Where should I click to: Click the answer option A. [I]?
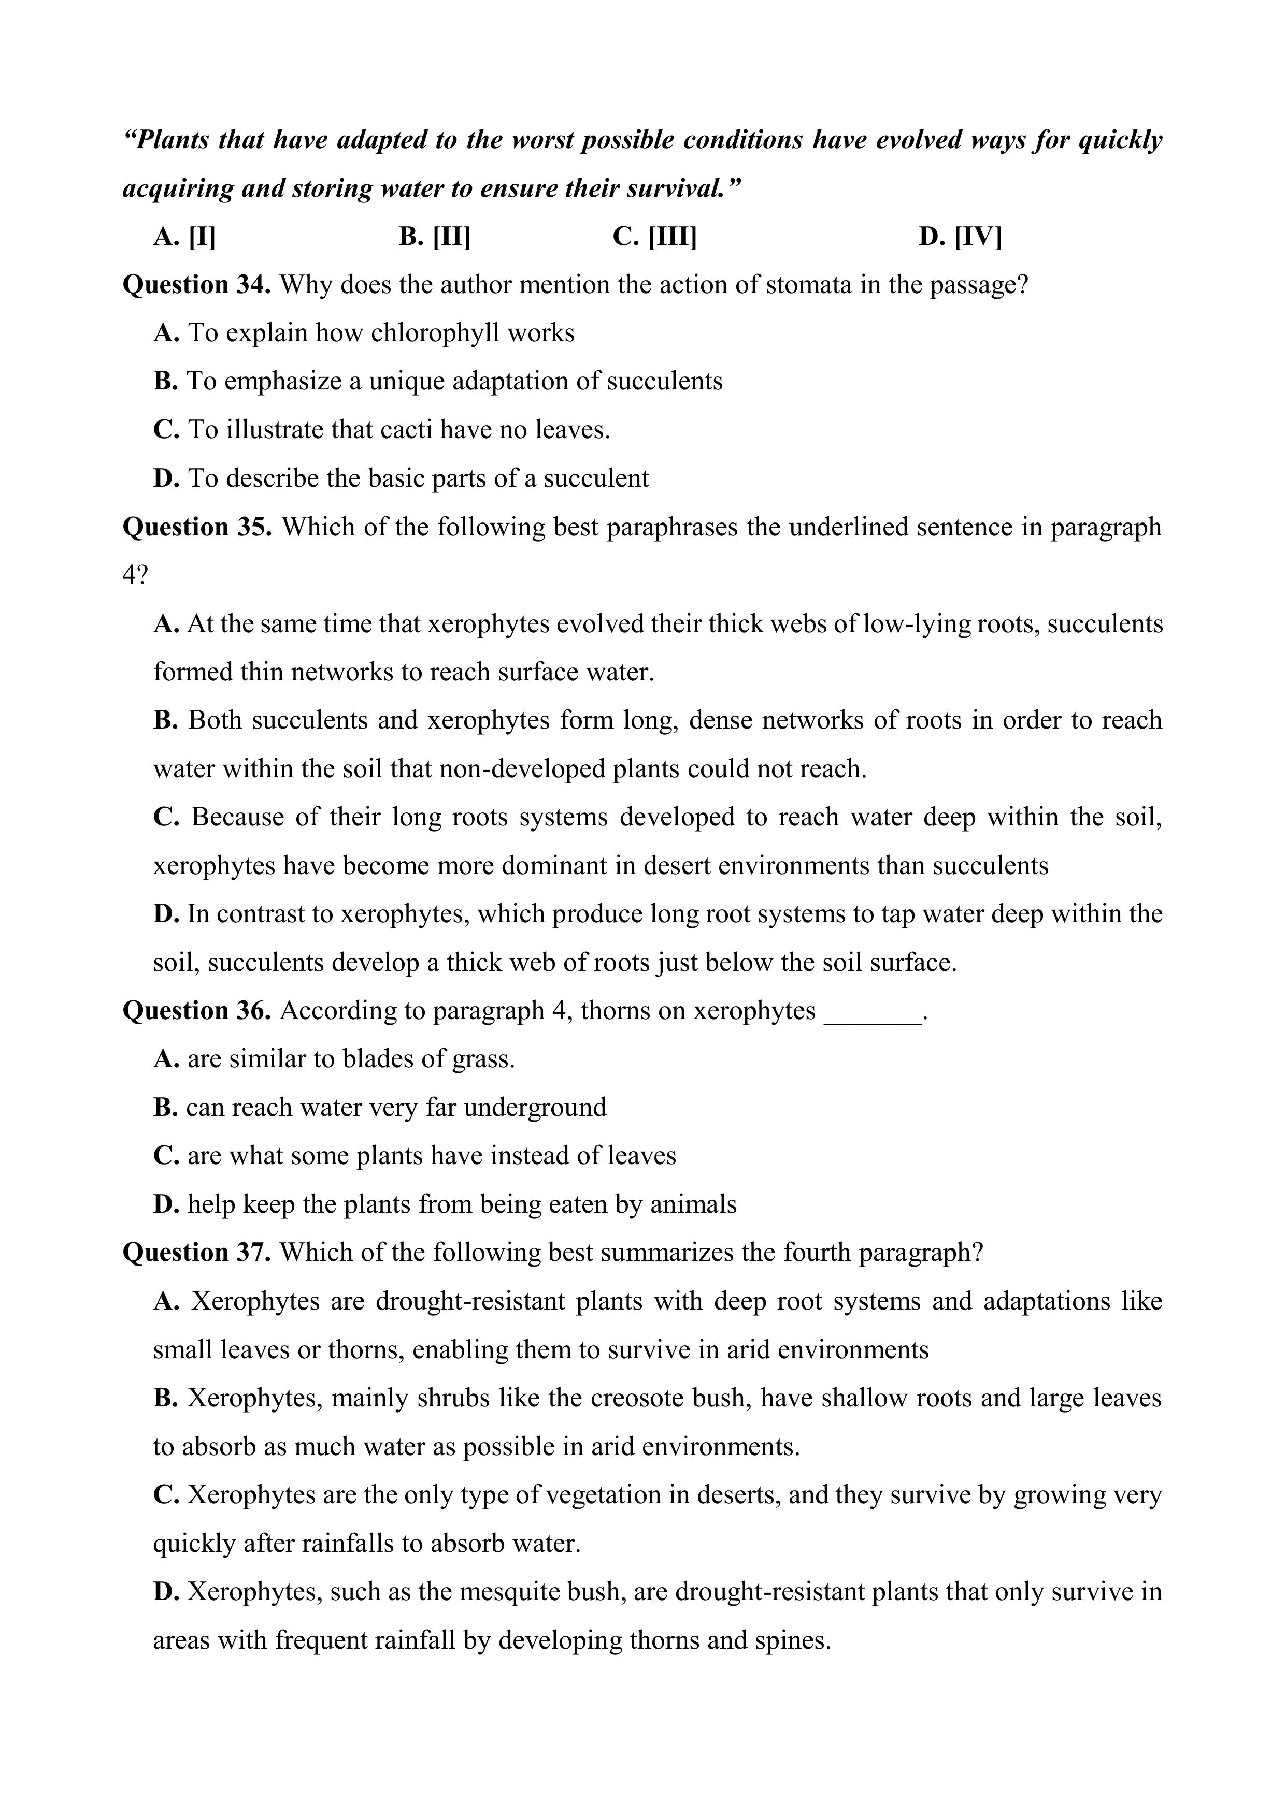tap(184, 237)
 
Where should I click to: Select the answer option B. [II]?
tap(435, 237)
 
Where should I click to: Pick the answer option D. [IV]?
tap(960, 237)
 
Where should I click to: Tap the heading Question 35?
tap(197, 527)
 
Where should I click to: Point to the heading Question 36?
tap(196, 1011)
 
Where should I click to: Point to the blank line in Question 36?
tap(873, 1013)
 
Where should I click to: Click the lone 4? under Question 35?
tap(135, 575)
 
